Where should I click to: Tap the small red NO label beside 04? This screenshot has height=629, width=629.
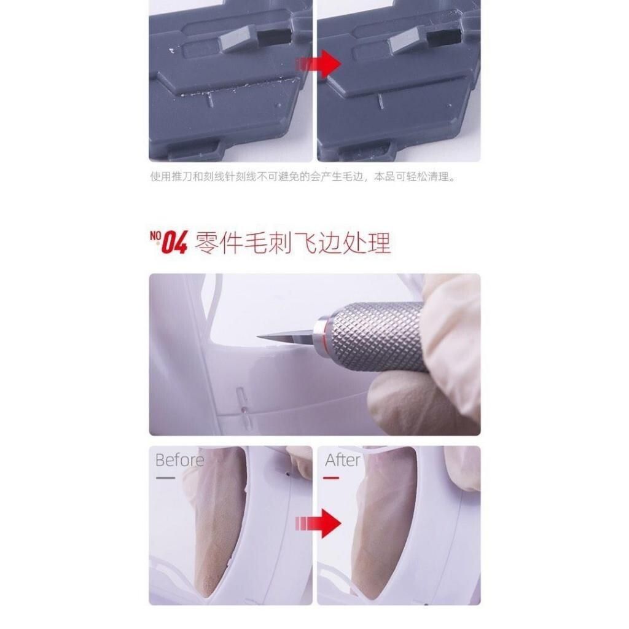pos(155,235)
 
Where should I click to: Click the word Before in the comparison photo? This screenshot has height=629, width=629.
pos(179,460)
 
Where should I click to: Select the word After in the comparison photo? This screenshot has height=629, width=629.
pos(343,460)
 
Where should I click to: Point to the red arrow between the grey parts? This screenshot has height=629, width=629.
pos(318,64)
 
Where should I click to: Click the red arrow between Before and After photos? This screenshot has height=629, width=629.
pos(318,523)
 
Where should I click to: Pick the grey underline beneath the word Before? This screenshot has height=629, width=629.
pos(165,478)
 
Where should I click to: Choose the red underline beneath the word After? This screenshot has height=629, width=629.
pos(331,478)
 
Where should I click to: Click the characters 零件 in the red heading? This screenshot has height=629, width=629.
pos(219,243)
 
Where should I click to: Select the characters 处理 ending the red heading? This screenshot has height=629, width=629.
pos(366,243)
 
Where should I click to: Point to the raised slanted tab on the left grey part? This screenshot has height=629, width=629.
pos(236,39)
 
